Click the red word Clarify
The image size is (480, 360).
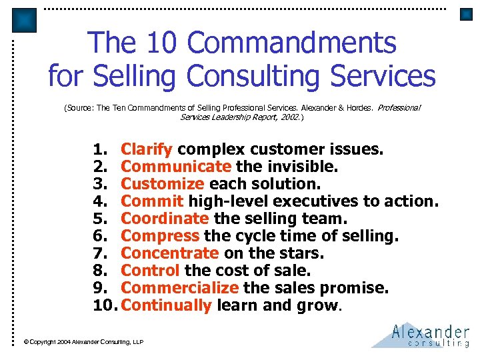tap(147, 149)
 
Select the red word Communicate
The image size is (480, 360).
tap(176, 166)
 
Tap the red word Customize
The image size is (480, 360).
tap(163, 183)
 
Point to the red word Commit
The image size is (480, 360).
tap(152, 201)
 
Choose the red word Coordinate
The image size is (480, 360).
tap(165, 218)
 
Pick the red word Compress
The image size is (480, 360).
tap(160, 235)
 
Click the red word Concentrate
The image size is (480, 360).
tap(169, 253)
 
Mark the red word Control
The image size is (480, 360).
tap(150, 271)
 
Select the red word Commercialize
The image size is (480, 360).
tap(179, 288)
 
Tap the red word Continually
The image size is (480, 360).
tap(167, 305)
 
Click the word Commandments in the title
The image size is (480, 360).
tap(292, 43)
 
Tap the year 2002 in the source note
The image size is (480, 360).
tap(291, 117)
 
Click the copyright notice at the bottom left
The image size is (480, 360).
tap(83, 342)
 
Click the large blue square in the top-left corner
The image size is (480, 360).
tap(25, 20)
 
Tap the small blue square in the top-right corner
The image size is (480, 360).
tap(466, 14)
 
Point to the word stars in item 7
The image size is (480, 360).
tap(303, 253)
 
